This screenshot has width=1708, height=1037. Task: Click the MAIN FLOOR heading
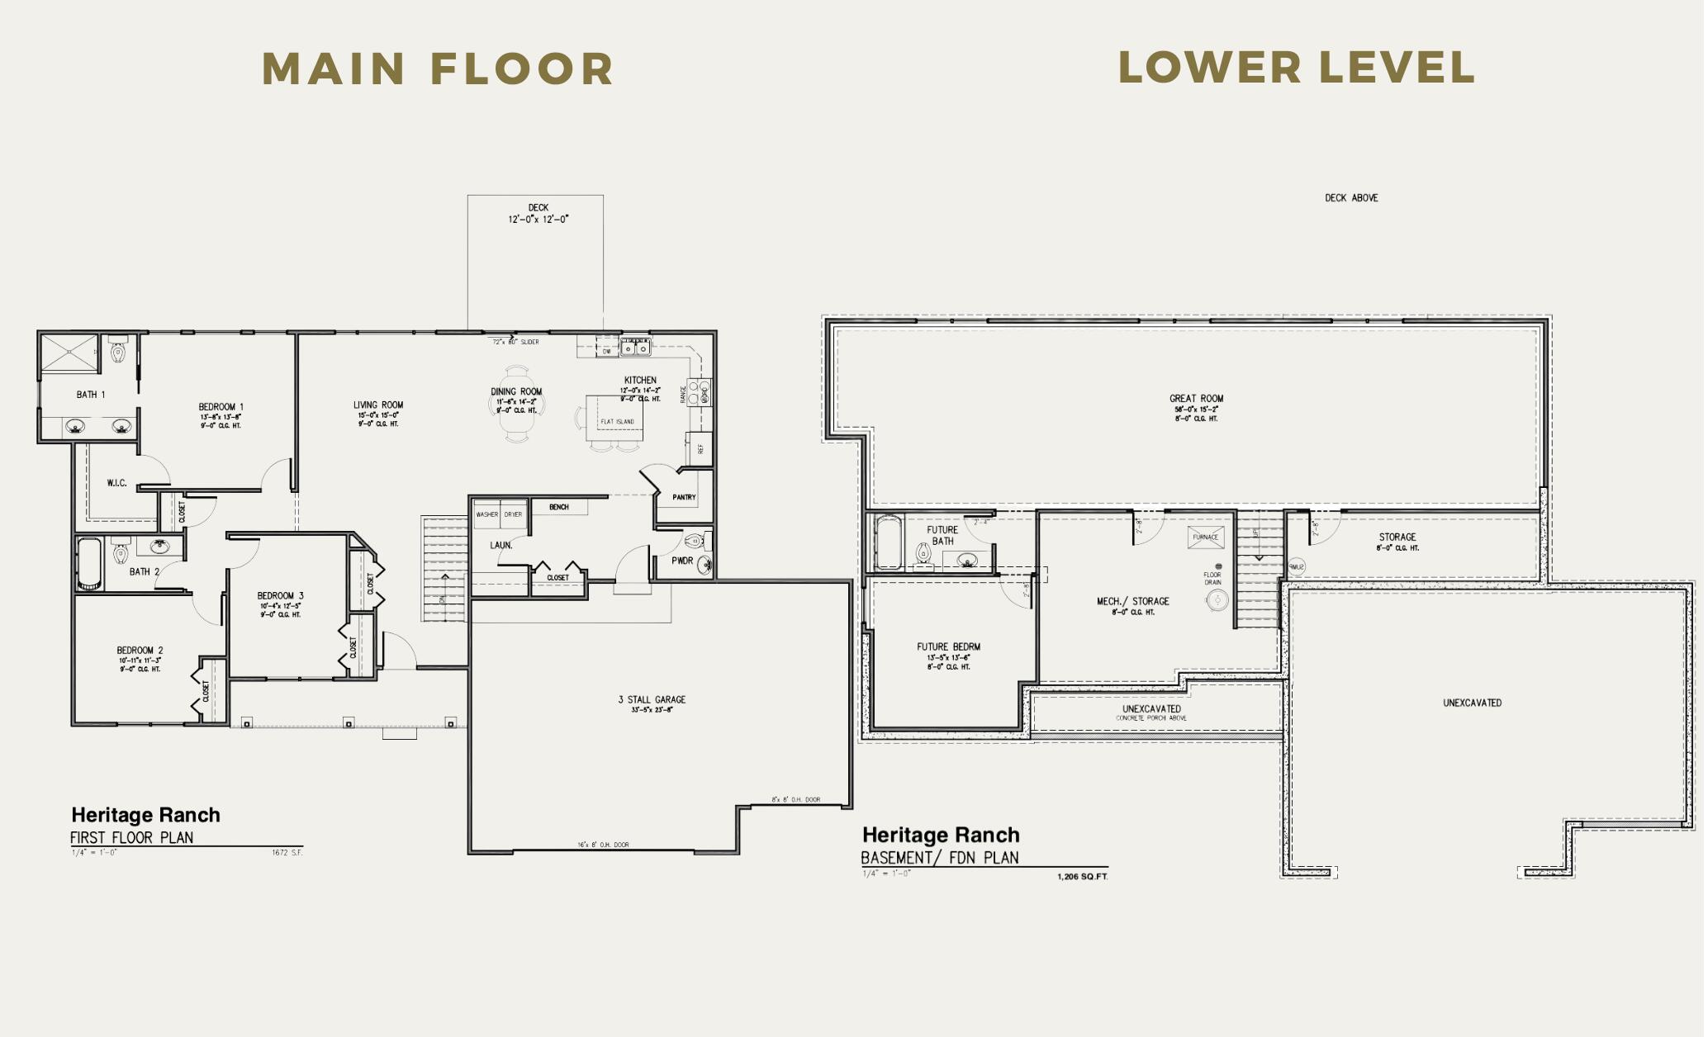coord(438,69)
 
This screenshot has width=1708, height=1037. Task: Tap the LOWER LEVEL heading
coord(1296,68)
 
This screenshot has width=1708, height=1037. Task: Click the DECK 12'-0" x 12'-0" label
coord(538,214)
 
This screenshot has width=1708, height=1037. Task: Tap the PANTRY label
coord(684,497)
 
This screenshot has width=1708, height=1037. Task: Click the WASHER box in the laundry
coord(486,514)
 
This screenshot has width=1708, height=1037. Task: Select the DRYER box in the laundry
coord(513,514)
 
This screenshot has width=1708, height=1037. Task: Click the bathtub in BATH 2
coord(89,564)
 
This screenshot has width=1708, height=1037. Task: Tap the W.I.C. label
coord(116,483)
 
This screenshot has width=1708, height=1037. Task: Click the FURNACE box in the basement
coord(1205,537)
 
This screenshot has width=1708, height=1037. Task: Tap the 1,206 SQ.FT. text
coord(1082,877)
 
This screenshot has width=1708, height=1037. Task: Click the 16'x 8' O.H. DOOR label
coord(603,845)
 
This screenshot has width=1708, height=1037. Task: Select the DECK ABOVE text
coord(1351,198)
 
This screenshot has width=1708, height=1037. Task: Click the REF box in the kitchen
coord(700,448)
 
